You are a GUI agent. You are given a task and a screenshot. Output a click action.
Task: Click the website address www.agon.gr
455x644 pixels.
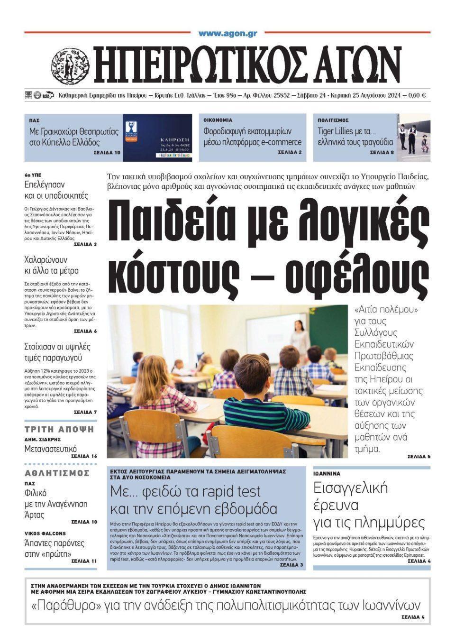click(227, 33)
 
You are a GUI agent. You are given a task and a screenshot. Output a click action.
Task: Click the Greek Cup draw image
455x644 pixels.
click(157, 138)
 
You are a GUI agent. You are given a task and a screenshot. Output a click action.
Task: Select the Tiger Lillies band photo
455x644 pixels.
click(414, 138)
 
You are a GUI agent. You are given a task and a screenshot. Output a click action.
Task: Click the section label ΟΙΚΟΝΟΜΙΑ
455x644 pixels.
click(218, 120)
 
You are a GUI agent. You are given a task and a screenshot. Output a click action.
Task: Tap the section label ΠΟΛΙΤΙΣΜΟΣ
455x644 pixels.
click(333, 120)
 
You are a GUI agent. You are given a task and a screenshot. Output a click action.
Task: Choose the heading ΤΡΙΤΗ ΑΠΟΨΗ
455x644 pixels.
click(59, 430)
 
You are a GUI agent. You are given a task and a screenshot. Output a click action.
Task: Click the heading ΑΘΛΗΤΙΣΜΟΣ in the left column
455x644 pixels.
click(57, 473)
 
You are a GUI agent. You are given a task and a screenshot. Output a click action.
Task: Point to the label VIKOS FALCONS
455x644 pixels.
click(45, 533)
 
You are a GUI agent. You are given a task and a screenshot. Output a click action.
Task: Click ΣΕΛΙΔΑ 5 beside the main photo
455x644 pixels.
click(419, 457)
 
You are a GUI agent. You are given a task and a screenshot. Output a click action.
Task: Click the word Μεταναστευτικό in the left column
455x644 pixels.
click(51, 449)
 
